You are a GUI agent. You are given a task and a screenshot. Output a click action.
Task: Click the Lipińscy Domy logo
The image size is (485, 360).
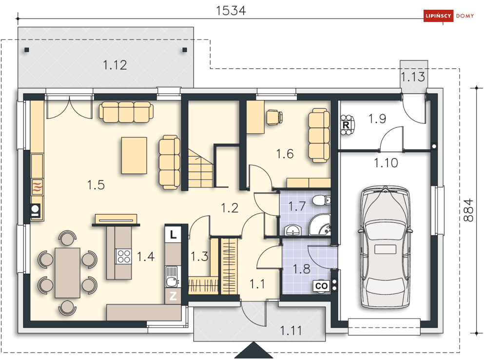[x=448, y=16]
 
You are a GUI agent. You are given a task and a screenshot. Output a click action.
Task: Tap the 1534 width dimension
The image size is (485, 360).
[x=231, y=11]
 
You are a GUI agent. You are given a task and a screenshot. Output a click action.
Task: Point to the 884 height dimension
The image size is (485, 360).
[x=468, y=210]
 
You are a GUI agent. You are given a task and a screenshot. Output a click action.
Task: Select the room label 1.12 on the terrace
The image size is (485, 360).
[x=115, y=65]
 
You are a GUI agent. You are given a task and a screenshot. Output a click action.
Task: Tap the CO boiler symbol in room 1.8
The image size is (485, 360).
[x=321, y=286]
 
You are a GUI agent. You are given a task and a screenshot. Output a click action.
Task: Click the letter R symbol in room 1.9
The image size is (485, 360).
[x=346, y=125]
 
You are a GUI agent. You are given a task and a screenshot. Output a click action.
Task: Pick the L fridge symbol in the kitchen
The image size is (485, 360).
[x=173, y=234]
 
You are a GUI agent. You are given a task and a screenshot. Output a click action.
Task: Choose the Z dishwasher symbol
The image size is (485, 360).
[x=173, y=296]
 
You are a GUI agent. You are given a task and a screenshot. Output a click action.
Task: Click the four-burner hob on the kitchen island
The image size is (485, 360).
[x=124, y=256]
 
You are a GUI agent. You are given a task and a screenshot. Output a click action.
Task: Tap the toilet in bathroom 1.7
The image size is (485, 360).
[x=322, y=200]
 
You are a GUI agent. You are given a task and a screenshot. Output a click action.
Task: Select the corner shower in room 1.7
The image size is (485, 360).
[x=320, y=225]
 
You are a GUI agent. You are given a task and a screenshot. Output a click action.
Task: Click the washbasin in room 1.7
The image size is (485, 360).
[x=292, y=230]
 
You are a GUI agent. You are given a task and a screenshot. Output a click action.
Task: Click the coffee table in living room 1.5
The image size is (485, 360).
[x=134, y=156]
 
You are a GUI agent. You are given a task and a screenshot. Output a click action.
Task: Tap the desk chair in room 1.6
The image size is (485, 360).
[x=274, y=118]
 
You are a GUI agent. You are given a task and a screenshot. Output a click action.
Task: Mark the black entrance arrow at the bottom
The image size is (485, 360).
[x=253, y=350]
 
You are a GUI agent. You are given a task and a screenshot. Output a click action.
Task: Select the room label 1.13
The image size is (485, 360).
[x=413, y=77]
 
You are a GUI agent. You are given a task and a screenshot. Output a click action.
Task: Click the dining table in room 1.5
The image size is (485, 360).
[x=67, y=273]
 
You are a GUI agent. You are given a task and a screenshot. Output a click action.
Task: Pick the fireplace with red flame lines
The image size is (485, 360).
[x=37, y=187]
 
